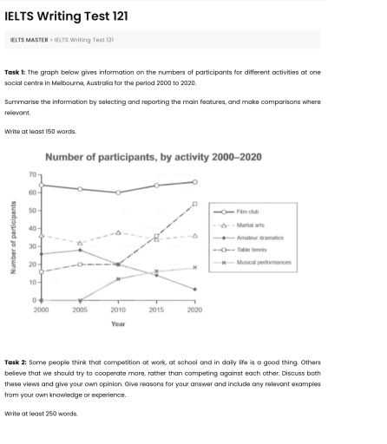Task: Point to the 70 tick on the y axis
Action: [x=32, y=174]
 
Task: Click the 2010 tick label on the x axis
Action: [x=118, y=309]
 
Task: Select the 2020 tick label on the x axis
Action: [x=194, y=309]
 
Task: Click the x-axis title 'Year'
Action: [x=118, y=323]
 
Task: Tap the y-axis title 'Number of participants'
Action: [x=13, y=238]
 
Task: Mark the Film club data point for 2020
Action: [x=194, y=182]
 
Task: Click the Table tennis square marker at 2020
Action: [x=194, y=203]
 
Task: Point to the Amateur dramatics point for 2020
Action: [x=194, y=289]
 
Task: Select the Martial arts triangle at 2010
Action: [x=118, y=232]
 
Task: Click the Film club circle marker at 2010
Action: [x=118, y=193]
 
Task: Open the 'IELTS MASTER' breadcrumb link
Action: [x=29, y=40]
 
